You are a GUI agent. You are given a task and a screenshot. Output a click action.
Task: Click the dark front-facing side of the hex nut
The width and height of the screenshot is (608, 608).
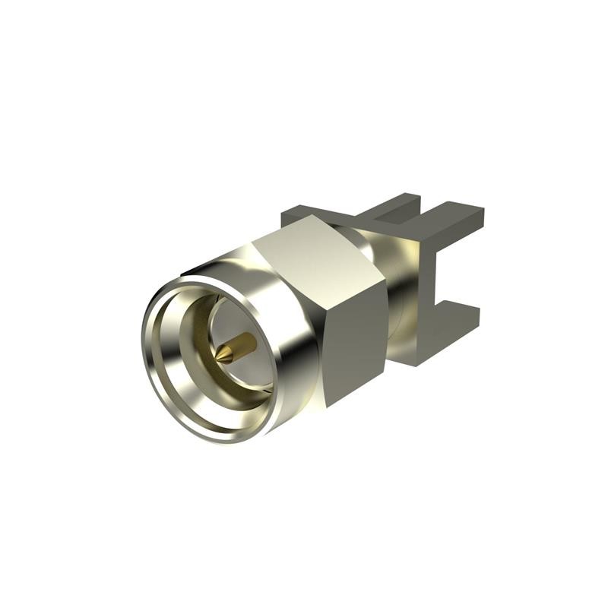pos(354,334)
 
